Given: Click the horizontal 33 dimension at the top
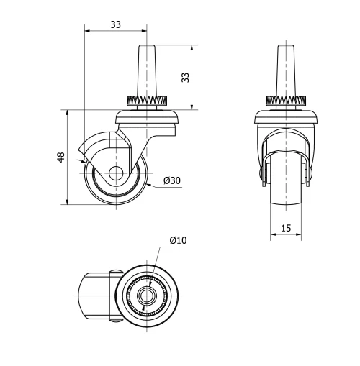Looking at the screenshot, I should coord(115,24).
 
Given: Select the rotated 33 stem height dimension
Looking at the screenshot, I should coord(185,77).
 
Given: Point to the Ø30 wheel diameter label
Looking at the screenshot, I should coord(171,180).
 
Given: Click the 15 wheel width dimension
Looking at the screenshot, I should coord(286,228).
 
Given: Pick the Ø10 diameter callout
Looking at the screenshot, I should coord(178,240).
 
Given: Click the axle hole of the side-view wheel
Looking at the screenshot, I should coord(115,173).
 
